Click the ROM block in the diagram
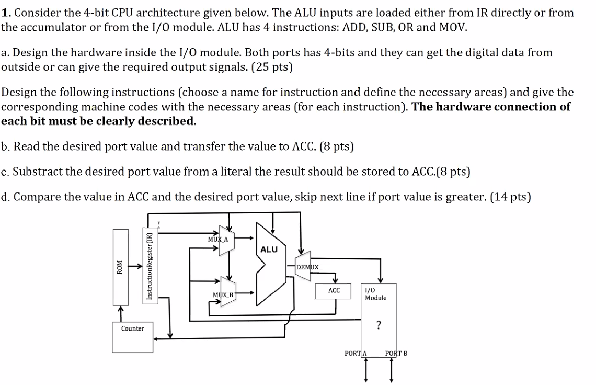pyautogui.click(x=120, y=267)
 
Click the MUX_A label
pyautogui.click(x=217, y=239)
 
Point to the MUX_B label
pyautogui.click(x=223, y=295)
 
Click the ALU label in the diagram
pyautogui.click(x=269, y=249)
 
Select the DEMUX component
pyautogui.click(x=307, y=267)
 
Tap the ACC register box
pyautogui.click(x=334, y=291)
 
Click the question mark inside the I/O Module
pyautogui.click(x=378, y=325)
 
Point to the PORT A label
pyautogui.click(x=356, y=354)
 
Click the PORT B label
pyautogui.click(x=396, y=354)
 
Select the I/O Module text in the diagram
pyautogui.click(x=375, y=294)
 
